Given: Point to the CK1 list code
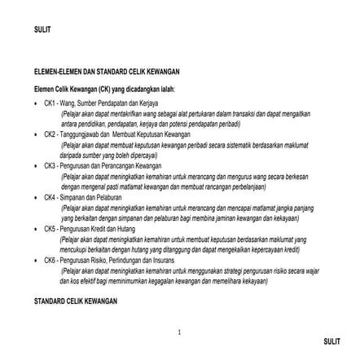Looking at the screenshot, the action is tap(49, 104).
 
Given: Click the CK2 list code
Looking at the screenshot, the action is tap(49, 132).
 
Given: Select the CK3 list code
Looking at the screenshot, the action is tap(49, 164).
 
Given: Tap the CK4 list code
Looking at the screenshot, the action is tap(49, 195).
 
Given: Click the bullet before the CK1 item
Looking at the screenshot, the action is tap(36, 104).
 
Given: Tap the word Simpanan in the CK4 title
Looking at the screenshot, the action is tap(67, 195).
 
